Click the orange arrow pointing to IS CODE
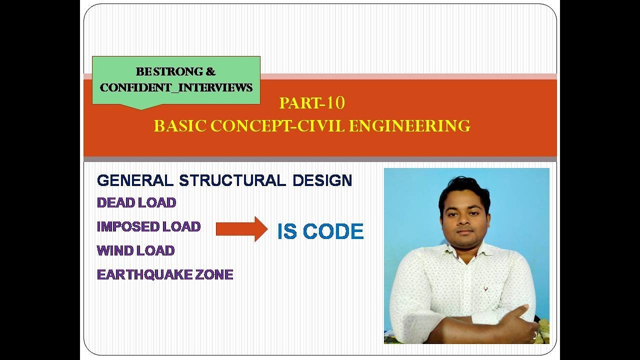pyautogui.click(x=241, y=229)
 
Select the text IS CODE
pyautogui.click(x=320, y=231)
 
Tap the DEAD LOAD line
pyautogui.click(x=136, y=202)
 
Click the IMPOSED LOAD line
pyautogui.click(x=148, y=226)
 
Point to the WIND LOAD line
pyautogui.click(x=135, y=250)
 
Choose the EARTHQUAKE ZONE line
pyautogui.click(x=165, y=274)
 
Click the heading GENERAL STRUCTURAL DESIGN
pyautogui.click(x=224, y=180)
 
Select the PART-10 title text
pyautogui.click(x=312, y=103)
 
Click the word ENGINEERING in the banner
pyautogui.click(x=409, y=126)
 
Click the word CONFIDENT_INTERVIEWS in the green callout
pyautogui.click(x=176, y=87)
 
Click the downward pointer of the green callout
pyautogui.click(x=141, y=106)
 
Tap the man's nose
pyautogui.click(x=464, y=222)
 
